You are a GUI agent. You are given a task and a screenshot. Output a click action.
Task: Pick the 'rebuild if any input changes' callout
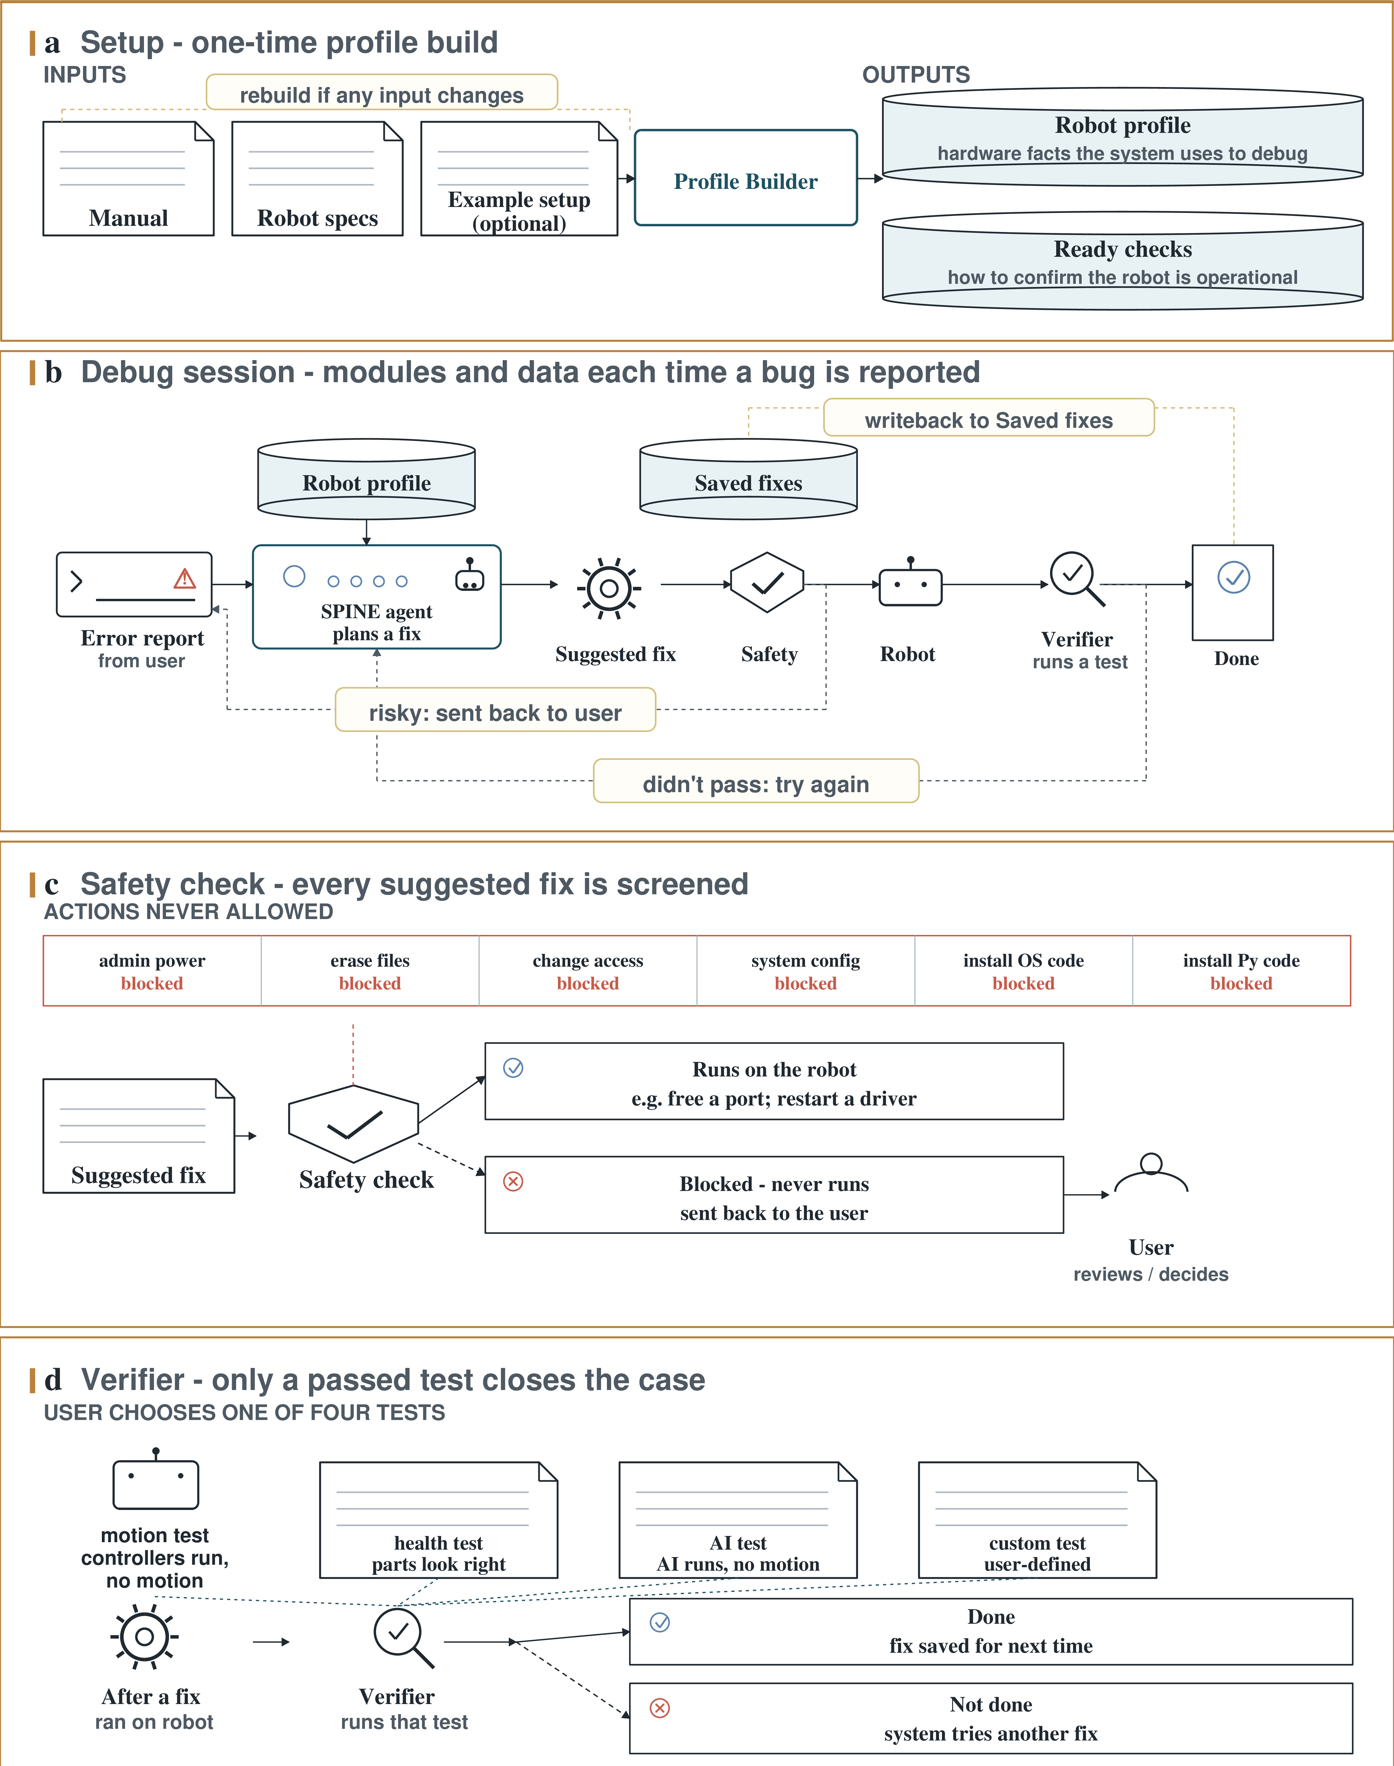tap(382, 92)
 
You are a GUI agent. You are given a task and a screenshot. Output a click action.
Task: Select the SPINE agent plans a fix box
tap(376, 597)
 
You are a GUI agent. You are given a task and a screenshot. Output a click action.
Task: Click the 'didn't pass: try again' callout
tap(756, 781)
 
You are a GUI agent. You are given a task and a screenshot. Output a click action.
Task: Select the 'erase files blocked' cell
tap(370, 971)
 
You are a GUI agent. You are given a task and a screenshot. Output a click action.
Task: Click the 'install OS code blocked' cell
tap(1024, 971)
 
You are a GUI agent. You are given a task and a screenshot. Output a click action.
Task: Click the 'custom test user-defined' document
tap(1037, 1520)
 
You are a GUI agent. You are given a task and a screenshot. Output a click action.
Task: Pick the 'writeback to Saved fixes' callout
tap(989, 418)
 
